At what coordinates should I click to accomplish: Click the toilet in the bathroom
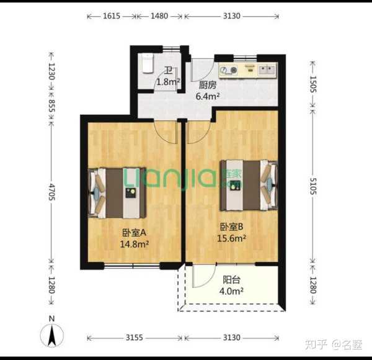[148, 63]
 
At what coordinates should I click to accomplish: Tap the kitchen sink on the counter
[267, 70]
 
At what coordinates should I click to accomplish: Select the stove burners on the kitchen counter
[228, 70]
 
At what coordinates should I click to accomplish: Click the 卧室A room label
[134, 233]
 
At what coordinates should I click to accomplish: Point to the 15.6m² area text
[231, 238]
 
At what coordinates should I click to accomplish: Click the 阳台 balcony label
[231, 280]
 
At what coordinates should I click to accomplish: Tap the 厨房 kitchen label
[208, 85]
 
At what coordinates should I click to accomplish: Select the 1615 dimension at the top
[112, 16]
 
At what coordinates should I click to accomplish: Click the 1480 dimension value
[159, 16]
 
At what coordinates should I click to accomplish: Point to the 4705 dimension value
[51, 192]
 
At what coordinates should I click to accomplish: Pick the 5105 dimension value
[313, 186]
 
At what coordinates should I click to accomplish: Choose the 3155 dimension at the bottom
[135, 338]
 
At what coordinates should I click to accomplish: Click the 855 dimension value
[51, 106]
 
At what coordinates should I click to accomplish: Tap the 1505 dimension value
[313, 84]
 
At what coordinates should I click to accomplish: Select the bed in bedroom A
[117, 193]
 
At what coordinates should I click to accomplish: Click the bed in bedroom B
[249, 186]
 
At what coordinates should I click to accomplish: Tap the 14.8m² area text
[135, 244]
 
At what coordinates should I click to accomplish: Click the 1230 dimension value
[51, 71]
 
